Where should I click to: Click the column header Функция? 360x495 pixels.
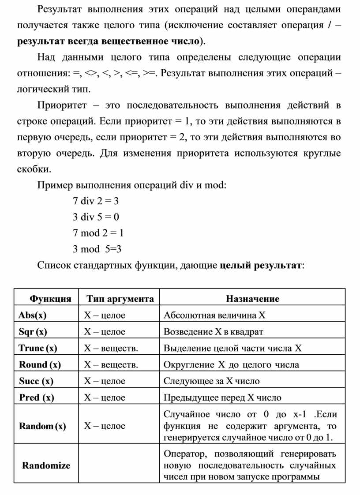50,299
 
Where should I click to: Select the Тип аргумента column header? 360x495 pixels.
120,299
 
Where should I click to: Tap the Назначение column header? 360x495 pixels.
252,299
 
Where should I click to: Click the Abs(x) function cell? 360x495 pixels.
32,315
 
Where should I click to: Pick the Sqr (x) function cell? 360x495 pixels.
33,331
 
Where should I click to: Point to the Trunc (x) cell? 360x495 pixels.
38,348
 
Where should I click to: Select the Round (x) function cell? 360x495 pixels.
40,364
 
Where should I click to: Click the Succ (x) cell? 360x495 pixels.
36,381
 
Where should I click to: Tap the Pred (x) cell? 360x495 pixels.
37,397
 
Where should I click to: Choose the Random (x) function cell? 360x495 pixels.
42,426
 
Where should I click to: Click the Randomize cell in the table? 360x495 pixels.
46,465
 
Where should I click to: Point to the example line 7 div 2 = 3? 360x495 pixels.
96,201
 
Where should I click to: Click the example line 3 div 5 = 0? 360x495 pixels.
96,217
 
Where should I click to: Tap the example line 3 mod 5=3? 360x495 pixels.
97,249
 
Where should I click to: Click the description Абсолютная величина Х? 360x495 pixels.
215,315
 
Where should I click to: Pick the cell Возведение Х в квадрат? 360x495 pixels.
213,331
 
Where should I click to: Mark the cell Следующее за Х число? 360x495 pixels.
211,381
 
